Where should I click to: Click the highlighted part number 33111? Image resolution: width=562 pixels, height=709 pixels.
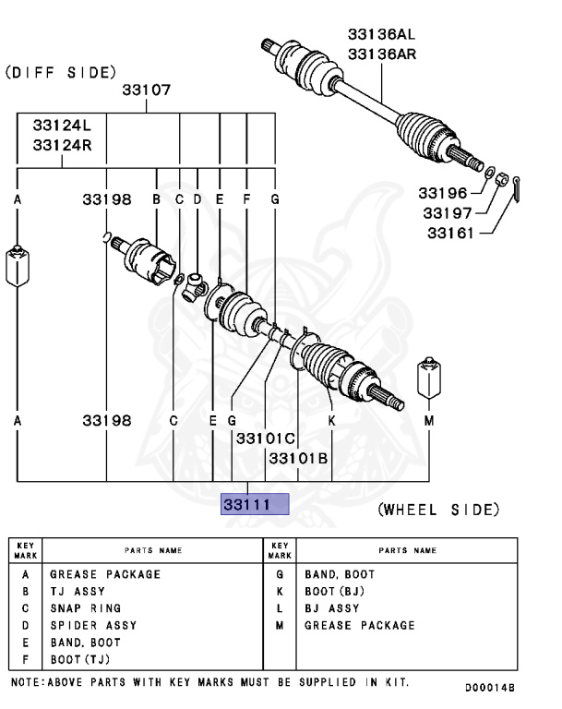[x=255, y=504]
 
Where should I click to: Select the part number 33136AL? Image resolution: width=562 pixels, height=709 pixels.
[x=381, y=34]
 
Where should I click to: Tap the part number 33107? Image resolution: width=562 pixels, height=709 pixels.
[x=147, y=90]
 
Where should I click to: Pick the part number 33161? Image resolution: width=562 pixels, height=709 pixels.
[x=449, y=233]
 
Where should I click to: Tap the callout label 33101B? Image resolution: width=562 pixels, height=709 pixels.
[x=298, y=458]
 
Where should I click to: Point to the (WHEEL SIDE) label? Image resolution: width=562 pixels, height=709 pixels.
[x=438, y=509]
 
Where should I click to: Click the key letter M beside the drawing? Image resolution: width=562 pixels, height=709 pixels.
[x=428, y=421]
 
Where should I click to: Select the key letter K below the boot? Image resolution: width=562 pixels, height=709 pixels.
[x=331, y=421]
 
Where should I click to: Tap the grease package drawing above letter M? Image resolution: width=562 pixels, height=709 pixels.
[x=428, y=376]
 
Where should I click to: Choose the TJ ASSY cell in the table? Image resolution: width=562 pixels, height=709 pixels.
[x=78, y=591]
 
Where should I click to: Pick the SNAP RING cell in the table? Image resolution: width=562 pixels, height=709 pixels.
[x=85, y=608]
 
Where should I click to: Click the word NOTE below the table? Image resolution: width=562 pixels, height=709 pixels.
[x=28, y=682]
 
